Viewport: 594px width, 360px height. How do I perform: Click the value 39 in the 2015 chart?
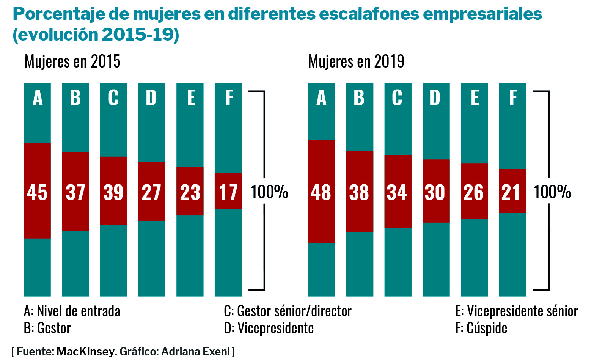[113, 192]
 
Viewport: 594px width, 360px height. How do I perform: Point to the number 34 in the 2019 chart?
[397, 192]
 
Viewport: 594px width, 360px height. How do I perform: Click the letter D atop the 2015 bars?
[151, 98]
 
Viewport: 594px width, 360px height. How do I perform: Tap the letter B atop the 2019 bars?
[359, 98]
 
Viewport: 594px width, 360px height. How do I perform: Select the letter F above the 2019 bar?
[512, 98]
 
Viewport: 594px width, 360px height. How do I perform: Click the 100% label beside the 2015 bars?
[269, 192]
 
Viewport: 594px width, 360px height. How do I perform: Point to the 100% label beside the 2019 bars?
[552, 192]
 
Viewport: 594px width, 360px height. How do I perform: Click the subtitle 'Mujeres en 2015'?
[72, 61]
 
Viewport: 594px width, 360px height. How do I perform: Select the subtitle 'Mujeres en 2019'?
[356, 61]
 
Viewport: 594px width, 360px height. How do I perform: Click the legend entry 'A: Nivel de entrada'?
[72, 311]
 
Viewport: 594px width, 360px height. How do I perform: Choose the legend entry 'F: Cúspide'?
[481, 328]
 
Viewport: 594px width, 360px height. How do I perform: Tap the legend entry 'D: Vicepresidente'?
[269, 328]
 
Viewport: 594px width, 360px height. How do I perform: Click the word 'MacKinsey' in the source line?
[85, 352]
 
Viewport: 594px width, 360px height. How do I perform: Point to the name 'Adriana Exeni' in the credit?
[196, 352]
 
